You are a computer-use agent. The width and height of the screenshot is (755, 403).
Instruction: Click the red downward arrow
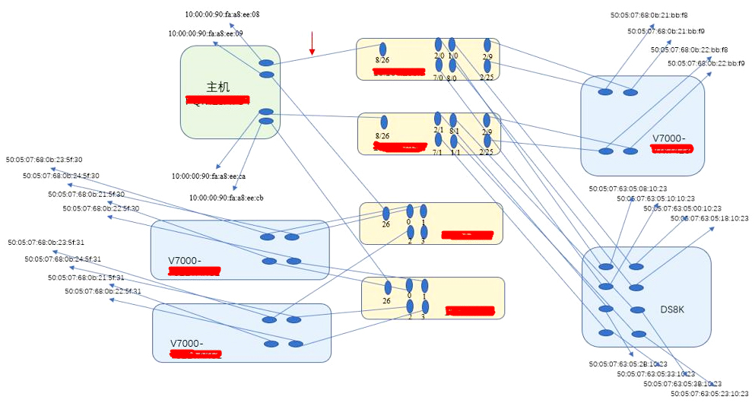click(312, 43)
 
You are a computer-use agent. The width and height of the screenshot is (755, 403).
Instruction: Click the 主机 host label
click(218, 87)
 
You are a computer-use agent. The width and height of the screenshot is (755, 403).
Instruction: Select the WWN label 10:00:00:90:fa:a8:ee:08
click(222, 14)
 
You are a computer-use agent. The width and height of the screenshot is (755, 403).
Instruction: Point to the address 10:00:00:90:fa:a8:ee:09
click(205, 33)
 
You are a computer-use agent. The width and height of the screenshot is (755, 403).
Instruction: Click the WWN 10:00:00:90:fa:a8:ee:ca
click(208, 176)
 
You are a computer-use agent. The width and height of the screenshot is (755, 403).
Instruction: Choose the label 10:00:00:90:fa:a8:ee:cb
click(227, 198)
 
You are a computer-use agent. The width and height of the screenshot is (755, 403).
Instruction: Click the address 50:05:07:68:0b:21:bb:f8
click(649, 14)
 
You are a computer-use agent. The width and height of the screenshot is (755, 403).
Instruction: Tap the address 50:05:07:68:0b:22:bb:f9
click(706, 64)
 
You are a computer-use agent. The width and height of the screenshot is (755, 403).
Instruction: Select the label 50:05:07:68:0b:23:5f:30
click(44, 160)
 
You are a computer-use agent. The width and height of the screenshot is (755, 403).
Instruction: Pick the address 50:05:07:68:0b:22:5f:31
click(102, 291)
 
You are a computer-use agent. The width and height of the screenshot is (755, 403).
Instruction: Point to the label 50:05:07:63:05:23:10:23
click(709, 394)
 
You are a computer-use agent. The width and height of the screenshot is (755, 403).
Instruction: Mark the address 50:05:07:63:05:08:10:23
click(628, 189)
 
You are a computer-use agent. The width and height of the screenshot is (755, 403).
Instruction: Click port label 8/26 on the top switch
click(382, 61)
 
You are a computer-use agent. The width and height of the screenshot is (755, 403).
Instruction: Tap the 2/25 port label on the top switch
click(487, 78)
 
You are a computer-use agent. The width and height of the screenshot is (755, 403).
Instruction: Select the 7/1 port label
click(437, 153)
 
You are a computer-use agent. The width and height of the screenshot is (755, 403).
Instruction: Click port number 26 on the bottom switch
click(386, 301)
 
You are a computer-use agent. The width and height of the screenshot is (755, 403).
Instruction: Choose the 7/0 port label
click(439, 78)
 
